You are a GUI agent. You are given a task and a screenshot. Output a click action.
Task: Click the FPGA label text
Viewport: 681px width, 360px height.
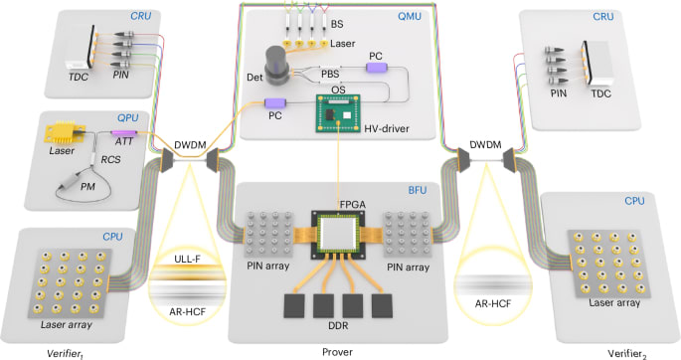click(x=352, y=203)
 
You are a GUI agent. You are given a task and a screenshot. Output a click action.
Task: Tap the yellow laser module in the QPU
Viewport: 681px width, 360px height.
click(x=65, y=132)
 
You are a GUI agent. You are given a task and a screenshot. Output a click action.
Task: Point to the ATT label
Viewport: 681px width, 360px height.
click(x=124, y=141)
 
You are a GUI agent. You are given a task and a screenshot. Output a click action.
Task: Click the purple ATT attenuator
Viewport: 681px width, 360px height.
click(x=124, y=132)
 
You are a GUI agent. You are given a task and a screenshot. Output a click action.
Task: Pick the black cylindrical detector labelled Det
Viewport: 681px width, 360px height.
click(x=277, y=65)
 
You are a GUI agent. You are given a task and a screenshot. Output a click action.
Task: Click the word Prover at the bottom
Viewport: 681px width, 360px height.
click(x=337, y=352)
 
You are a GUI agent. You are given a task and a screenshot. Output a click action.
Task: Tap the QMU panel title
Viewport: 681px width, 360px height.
click(x=410, y=17)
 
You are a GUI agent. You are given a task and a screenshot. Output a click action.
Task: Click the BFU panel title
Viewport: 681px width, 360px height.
click(x=418, y=190)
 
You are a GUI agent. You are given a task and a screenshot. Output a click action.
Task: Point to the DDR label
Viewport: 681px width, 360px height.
click(x=338, y=325)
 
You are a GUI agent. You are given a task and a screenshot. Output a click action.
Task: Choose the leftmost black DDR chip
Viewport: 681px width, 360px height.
click(x=294, y=306)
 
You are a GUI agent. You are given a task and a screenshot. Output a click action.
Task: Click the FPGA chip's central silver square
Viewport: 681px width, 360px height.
click(x=338, y=236)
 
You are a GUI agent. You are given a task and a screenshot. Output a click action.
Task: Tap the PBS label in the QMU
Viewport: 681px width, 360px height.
click(x=330, y=74)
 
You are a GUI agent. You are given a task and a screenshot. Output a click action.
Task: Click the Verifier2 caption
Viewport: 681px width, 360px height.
click(x=627, y=353)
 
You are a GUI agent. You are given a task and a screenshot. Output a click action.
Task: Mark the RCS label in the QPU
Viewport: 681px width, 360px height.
click(x=110, y=159)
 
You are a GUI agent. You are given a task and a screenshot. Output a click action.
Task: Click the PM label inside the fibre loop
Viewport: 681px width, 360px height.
click(x=87, y=187)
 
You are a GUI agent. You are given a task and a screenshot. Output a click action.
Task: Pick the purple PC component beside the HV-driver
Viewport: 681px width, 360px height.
click(x=275, y=103)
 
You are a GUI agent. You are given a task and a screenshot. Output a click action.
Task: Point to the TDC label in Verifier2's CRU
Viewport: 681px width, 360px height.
click(x=600, y=93)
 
